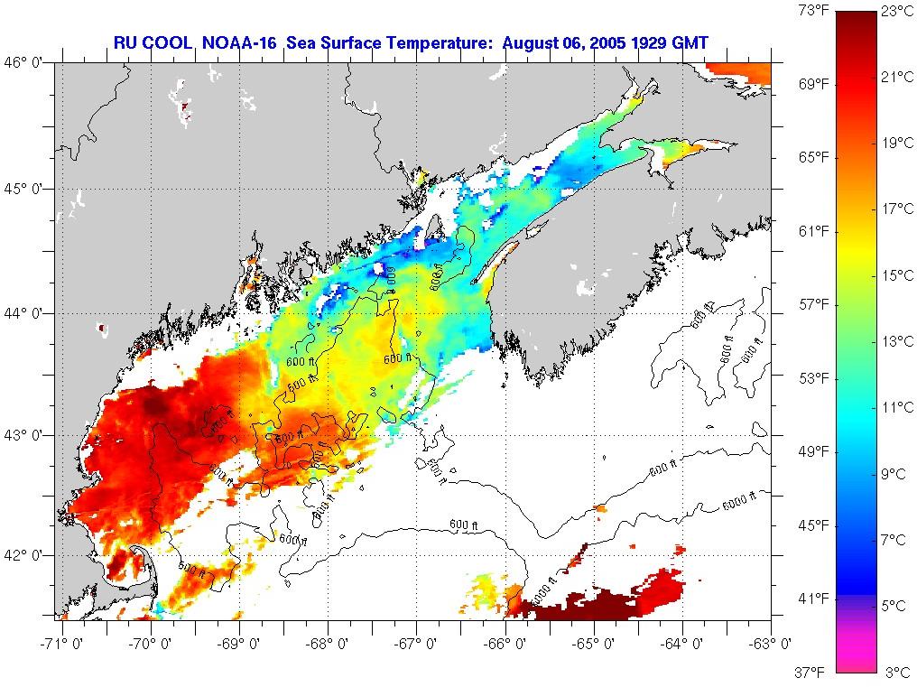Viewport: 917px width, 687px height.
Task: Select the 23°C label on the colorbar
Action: (896, 11)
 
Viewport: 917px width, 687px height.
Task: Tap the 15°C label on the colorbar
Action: (896, 275)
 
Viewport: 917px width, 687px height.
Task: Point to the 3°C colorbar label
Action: (896, 672)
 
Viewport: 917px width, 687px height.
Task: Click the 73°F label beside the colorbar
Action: (814, 11)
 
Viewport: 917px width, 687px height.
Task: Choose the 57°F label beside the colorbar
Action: (814, 304)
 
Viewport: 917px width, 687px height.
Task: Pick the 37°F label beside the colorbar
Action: (814, 672)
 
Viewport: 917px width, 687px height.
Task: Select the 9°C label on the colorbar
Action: (896, 473)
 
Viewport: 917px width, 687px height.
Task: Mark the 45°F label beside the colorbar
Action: (814, 525)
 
